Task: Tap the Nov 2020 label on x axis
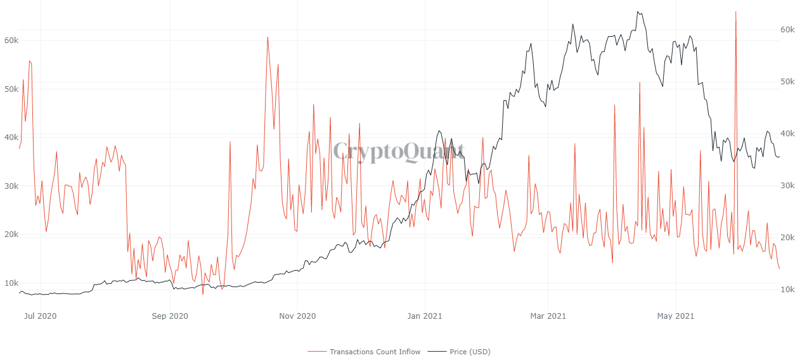[297, 316]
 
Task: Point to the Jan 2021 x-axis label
[424, 316]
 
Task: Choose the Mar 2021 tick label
[548, 316]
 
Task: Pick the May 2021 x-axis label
[676, 316]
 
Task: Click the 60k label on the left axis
[11, 40]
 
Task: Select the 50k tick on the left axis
[11, 89]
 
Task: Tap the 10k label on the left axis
[11, 283]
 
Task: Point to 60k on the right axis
[787, 29]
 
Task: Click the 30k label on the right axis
[787, 185]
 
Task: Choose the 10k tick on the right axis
[787, 289]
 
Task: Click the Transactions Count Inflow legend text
[375, 352]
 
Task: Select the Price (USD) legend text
[470, 352]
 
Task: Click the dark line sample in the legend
[437, 352]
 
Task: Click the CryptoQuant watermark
[399, 151]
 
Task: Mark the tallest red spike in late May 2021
[735, 11]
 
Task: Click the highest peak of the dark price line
[638, 11]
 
